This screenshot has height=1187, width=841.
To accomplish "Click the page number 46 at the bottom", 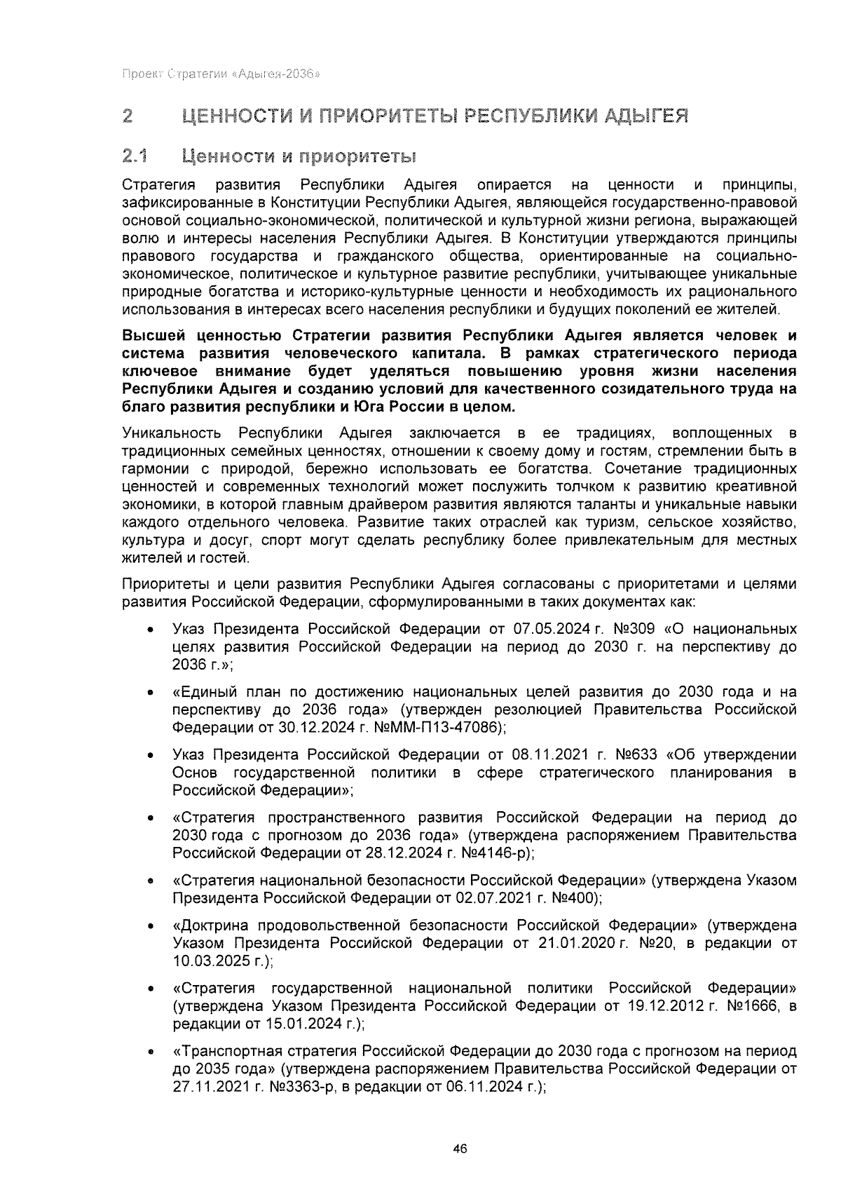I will [x=460, y=1148].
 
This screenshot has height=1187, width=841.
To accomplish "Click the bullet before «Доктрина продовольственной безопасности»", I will [x=151, y=926].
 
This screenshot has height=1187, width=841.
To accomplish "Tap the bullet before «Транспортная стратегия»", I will [x=151, y=1052].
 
